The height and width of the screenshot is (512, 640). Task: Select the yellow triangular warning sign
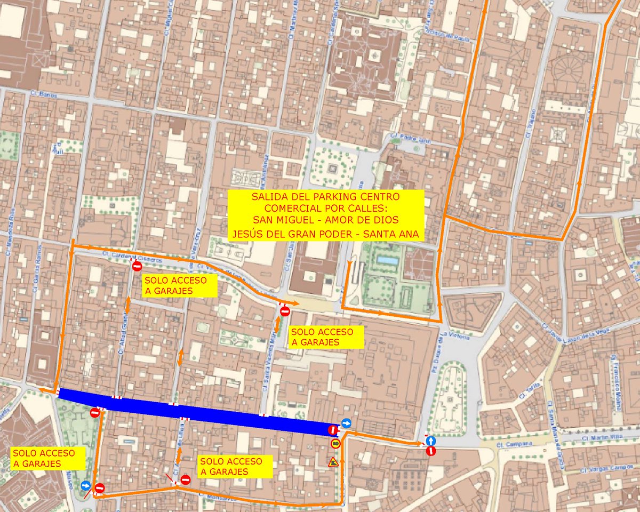click(333, 462)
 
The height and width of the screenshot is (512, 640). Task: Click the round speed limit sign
click(335, 443)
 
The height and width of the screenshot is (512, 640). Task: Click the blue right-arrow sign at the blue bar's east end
click(347, 423)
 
